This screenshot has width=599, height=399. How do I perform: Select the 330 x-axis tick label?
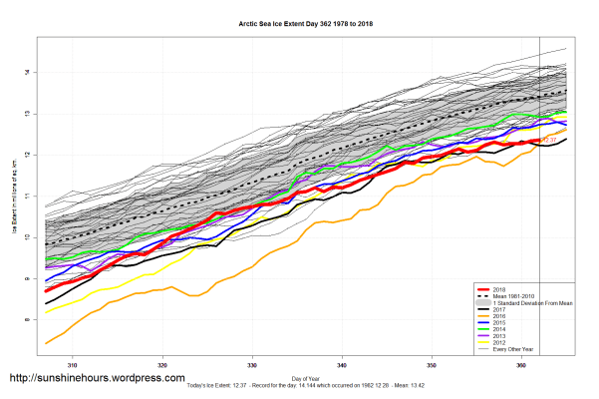(x=253, y=367)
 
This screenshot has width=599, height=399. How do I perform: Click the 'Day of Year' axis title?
(x=308, y=377)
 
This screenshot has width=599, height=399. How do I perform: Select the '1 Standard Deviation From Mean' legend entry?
(x=539, y=303)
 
